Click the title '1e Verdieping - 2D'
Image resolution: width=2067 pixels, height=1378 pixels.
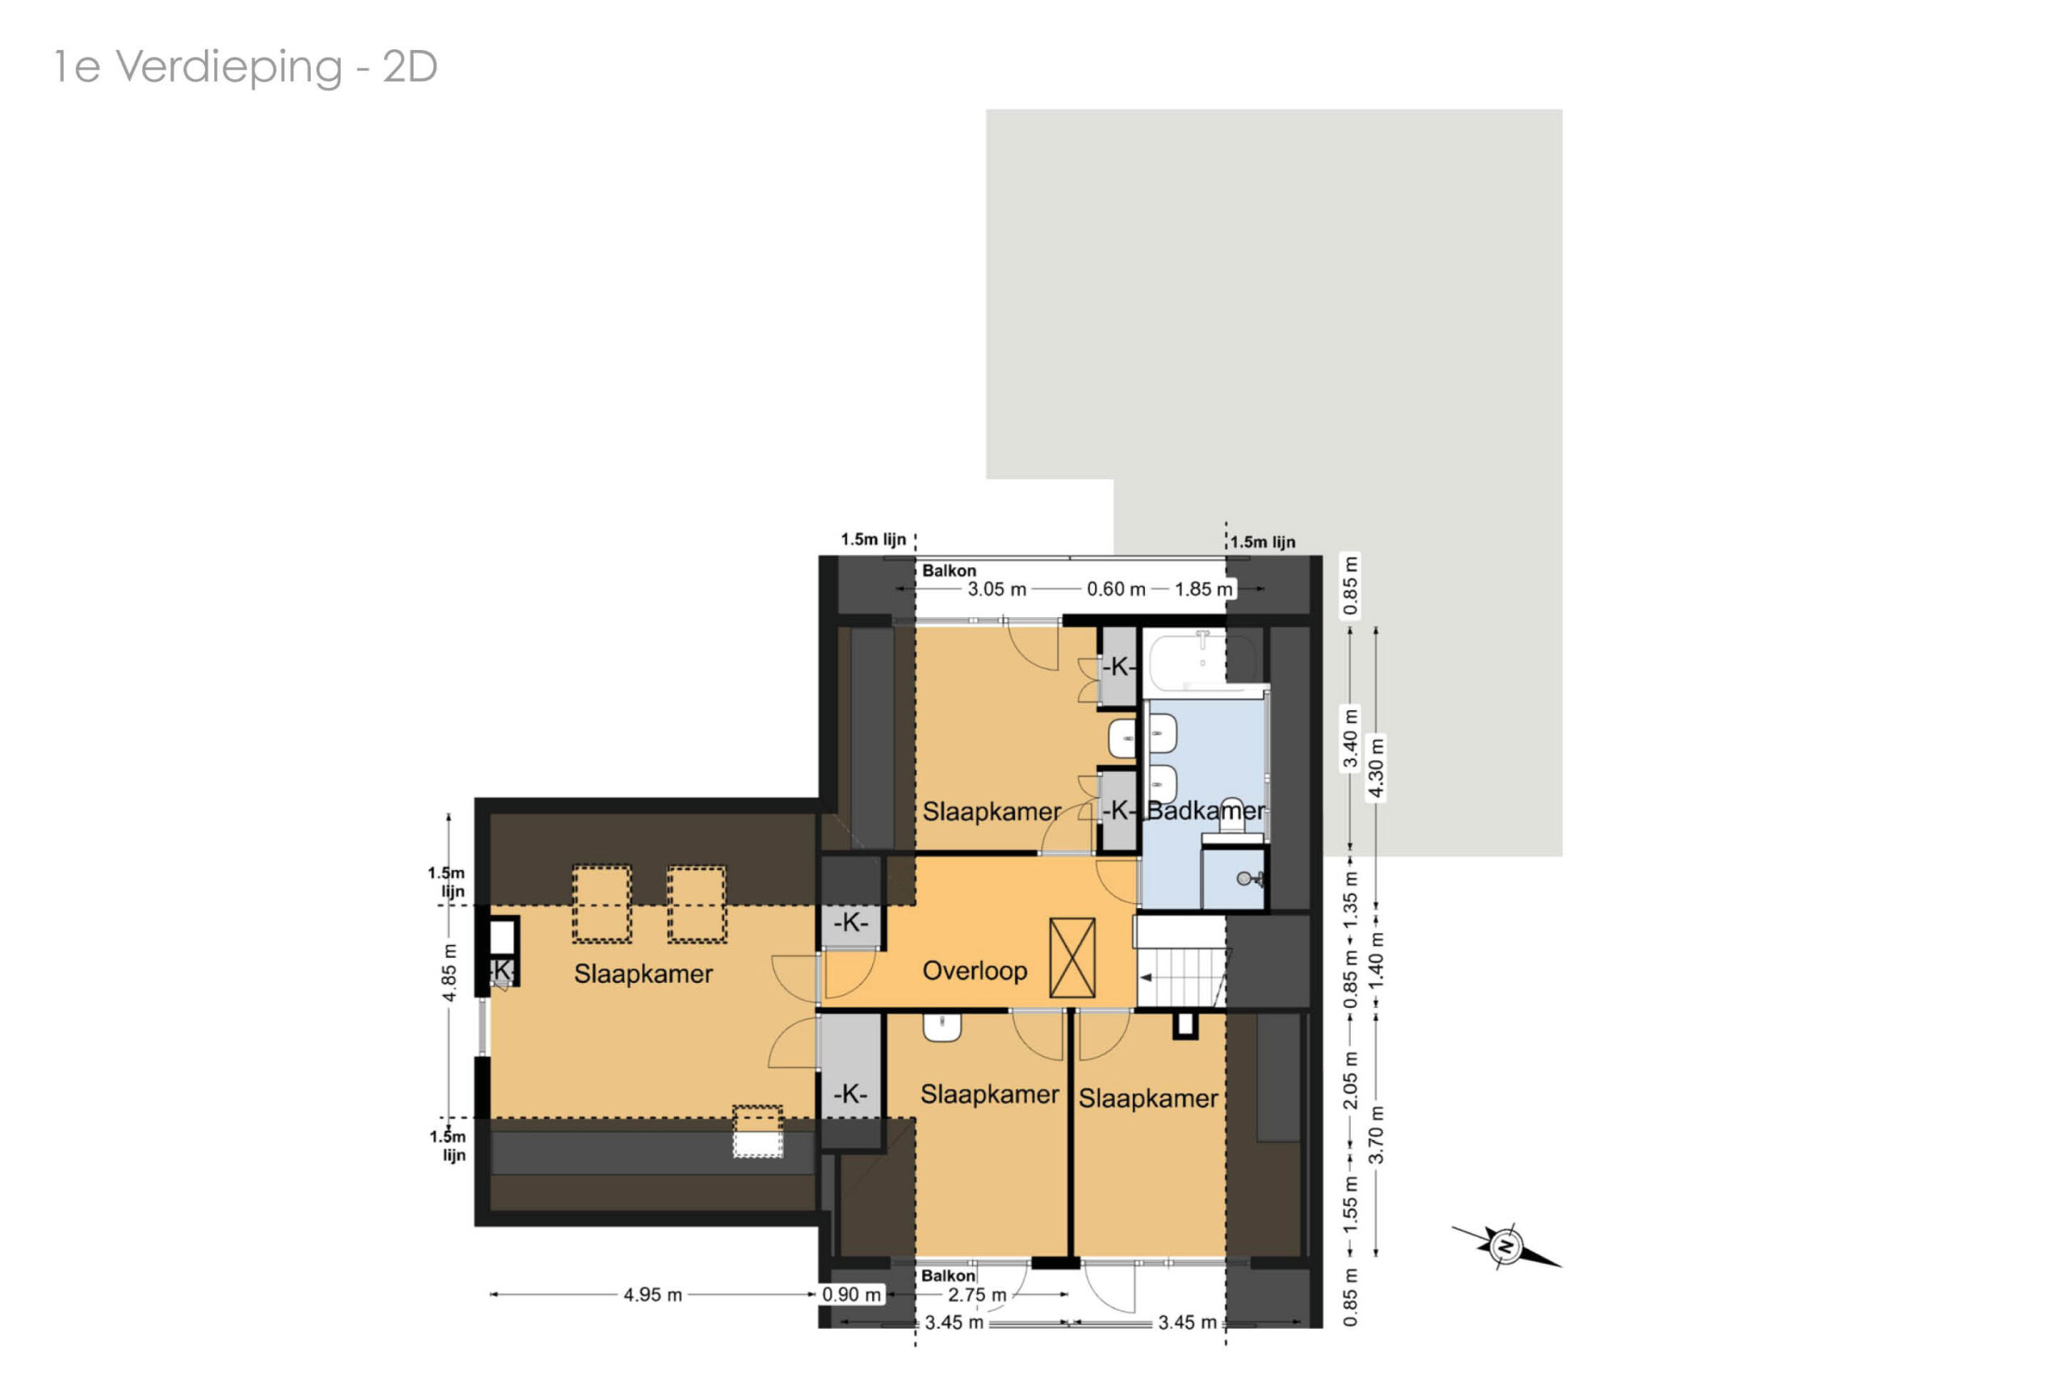point(246,67)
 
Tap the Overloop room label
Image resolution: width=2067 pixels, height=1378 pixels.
point(975,971)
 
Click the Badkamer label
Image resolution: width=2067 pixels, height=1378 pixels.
point(1206,810)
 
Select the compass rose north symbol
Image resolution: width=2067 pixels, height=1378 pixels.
point(1506,1246)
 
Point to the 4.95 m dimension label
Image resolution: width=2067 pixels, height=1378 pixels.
point(652,1295)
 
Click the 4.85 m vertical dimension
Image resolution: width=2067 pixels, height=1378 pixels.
point(449,973)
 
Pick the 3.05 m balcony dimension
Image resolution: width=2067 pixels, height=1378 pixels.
point(996,589)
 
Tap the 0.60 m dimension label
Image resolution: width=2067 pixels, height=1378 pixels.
point(1116,589)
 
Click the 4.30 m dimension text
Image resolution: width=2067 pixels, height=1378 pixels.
point(1376,768)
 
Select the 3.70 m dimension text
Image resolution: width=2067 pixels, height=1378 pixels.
point(1376,1135)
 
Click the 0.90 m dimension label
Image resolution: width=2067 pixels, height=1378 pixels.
point(851,1295)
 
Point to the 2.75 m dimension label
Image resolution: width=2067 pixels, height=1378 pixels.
point(977,1295)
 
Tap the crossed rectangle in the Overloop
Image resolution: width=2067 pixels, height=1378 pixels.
point(1072,958)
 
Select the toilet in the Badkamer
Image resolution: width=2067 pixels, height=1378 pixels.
point(1231,817)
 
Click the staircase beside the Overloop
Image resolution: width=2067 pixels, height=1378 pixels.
point(1180,961)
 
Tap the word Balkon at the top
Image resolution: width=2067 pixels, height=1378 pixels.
point(949,570)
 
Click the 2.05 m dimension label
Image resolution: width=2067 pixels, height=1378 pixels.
point(1350,1080)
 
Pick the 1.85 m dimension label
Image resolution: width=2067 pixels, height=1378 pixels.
point(1204,589)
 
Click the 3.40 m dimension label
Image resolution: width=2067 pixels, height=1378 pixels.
point(1350,737)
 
